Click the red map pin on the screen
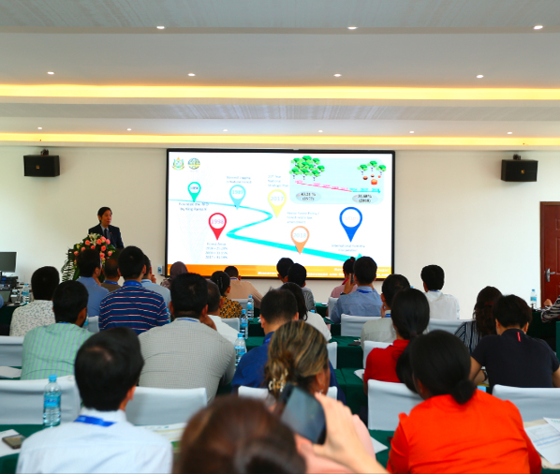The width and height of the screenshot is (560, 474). tap(217, 225)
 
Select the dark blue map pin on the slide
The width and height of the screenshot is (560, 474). tap(350, 222)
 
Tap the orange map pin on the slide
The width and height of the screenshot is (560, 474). tap(300, 237)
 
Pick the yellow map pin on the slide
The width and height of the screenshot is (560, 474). tap(276, 200)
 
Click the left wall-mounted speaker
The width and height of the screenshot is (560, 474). tap(41, 166)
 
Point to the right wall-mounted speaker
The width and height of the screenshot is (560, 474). tap(519, 170)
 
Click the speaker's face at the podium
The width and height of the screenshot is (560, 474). tap(104, 216)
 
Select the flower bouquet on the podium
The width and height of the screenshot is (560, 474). tap(91, 249)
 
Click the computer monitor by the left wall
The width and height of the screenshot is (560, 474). tap(7, 262)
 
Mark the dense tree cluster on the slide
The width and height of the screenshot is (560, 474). tap(307, 168)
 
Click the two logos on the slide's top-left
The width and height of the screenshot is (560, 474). tap(185, 163)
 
